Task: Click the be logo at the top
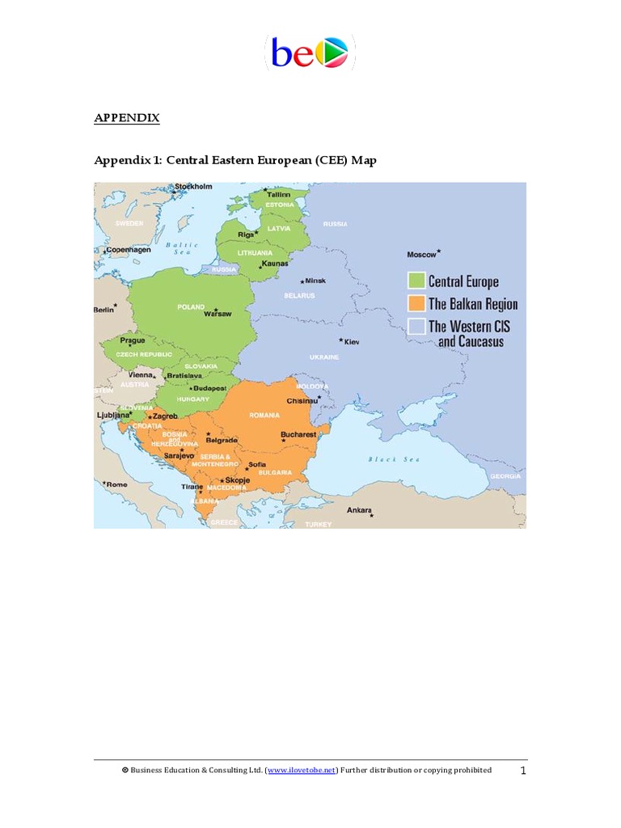(x=310, y=53)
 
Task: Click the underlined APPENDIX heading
(x=127, y=118)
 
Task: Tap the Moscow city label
(x=421, y=255)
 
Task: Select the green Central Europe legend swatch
(x=416, y=281)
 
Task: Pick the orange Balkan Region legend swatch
(x=416, y=304)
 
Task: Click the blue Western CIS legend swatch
(x=416, y=327)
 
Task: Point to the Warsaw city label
(x=218, y=314)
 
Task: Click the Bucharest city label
(x=298, y=434)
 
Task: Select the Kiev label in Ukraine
(x=352, y=342)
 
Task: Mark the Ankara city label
(x=359, y=510)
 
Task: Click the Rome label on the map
(x=117, y=484)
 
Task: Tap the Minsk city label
(x=315, y=281)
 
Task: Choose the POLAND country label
(x=191, y=307)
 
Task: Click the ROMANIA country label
(x=264, y=415)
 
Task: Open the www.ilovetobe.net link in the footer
(x=301, y=771)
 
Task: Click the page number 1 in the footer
(x=523, y=771)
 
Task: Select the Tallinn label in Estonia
(x=278, y=195)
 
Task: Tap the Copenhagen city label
(x=129, y=250)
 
